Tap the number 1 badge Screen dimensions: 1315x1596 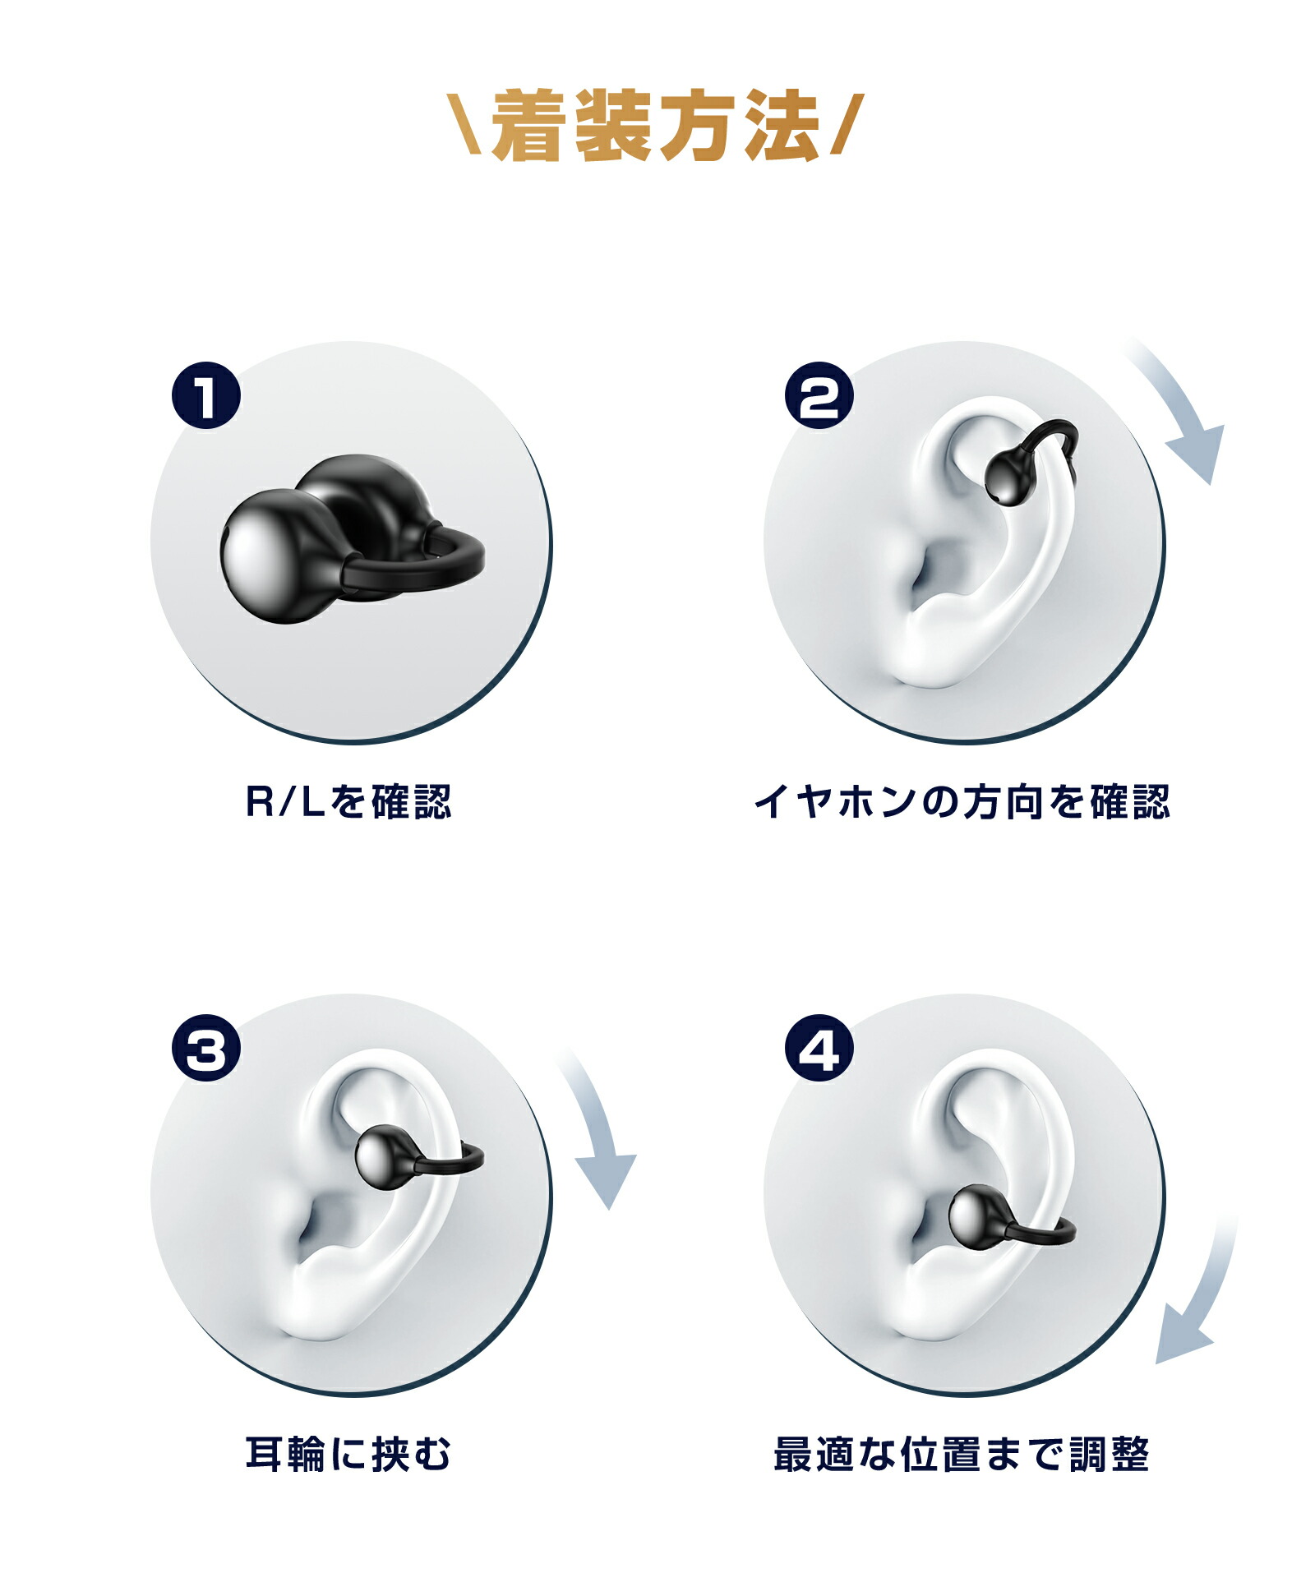[x=205, y=395]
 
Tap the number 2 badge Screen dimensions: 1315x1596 [x=819, y=395]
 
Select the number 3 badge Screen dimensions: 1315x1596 [x=205, y=1049]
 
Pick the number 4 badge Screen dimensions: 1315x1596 [x=819, y=1049]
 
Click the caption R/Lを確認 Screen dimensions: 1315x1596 [x=348, y=802]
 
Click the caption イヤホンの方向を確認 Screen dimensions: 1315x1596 [x=962, y=802]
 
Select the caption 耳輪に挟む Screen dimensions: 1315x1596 [x=348, y=1455]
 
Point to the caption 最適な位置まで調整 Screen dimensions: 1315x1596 [x=962, y=1455]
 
